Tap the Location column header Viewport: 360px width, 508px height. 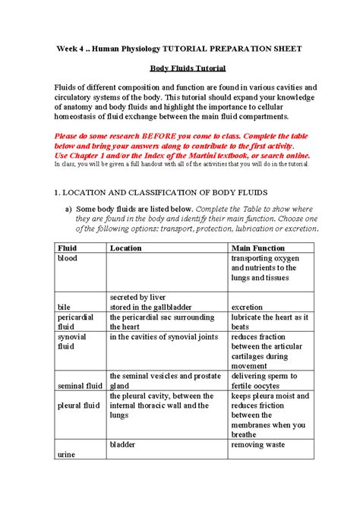tap(125, 248)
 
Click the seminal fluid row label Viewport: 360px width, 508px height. tap(80, 386)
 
